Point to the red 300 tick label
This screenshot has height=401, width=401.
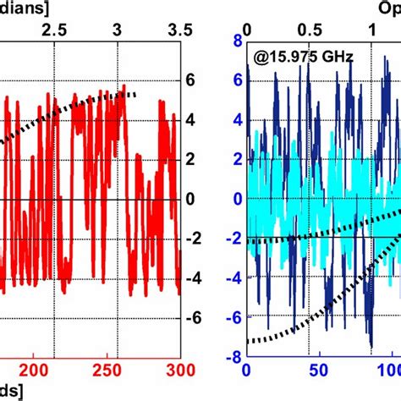[180, 370]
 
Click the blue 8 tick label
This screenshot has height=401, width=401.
[238, 41]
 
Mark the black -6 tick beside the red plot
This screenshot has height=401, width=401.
[195, 318]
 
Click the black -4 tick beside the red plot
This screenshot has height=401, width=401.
[195, 278]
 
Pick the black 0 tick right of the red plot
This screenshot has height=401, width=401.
[192, 199]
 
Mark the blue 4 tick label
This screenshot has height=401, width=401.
[238, 120]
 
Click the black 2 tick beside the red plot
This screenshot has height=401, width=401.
[192, 160]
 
